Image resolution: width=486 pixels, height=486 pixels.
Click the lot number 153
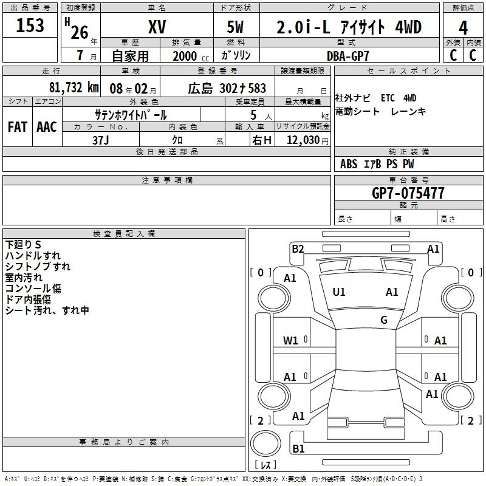point(30,25)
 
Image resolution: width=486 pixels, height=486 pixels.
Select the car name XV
point(157,27)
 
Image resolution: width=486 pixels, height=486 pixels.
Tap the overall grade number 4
point(463,27)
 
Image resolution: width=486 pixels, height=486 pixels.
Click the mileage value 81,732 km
point(74,87)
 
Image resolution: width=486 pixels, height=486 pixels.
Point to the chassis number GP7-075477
point(408,193)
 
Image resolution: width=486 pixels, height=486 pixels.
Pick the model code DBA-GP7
point(348,56)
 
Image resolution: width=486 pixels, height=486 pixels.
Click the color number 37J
point(101,140)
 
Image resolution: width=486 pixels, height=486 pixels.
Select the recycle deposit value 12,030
point(303,140)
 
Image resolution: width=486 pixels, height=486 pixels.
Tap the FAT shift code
point(18,127)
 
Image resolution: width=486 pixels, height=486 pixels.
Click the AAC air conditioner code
point(47,127)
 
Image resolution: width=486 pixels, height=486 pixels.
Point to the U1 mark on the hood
point(339,292)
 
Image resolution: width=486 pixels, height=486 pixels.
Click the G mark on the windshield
point(384,320)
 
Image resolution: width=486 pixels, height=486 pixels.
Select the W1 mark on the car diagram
point(290,341)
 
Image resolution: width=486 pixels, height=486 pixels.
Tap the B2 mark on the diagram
point(298,249)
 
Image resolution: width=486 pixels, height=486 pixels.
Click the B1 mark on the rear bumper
point(298,448)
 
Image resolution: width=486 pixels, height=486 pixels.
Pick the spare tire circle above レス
point(265,443)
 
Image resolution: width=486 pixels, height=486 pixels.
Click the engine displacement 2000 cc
point(191,56)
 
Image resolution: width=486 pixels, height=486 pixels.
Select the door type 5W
point(235,27)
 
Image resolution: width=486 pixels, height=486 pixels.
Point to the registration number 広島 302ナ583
point(227,88)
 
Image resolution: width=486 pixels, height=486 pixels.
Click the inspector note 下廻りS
point(23,245)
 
